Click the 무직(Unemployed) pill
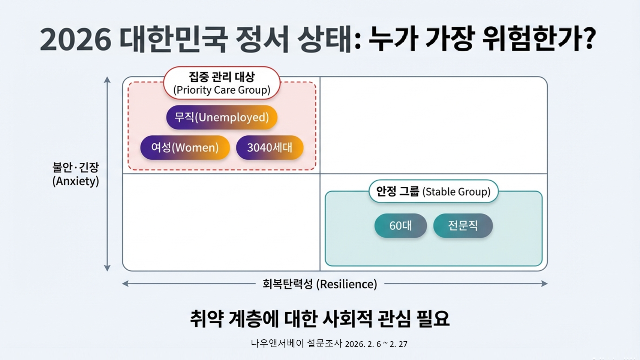point(222,117)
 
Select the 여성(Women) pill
point(185,147)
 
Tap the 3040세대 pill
point(270,147)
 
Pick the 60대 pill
point(400,225)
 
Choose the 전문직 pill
point(463,225)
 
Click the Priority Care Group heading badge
point(222,83)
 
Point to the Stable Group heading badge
point(433,192)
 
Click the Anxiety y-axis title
point(76,174)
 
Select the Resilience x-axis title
point(319,284)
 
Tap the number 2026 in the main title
point(76,39)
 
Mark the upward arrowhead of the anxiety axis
point(107,79)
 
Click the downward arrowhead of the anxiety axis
point(107,268)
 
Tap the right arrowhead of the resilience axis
point(544,283)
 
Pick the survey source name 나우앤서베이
point(277,343)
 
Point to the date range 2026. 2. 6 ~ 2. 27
point(376,344)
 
